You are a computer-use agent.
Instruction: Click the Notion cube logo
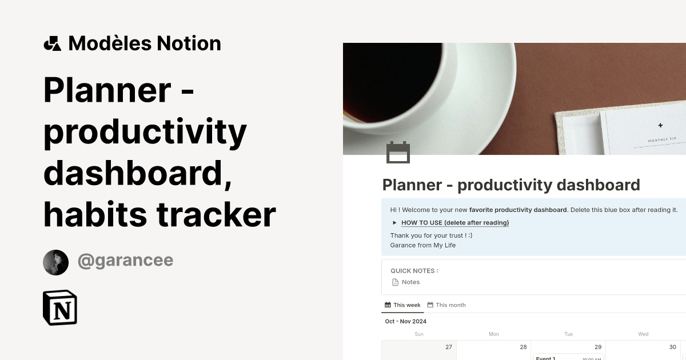coord(60,307)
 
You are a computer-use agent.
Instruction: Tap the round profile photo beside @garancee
coord(55,262)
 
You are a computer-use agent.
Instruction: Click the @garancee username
coord(125,261)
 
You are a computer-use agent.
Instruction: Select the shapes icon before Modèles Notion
coord(52,43)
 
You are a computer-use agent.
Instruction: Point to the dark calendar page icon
coord(398,153)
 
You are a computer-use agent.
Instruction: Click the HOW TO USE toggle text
coord(455,223)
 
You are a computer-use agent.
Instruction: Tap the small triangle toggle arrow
coord(394,223)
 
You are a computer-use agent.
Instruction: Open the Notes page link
coord(410,282)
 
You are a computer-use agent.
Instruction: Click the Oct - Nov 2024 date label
coord(406,321)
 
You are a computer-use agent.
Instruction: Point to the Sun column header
coord(419,334)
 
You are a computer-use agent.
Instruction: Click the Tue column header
coord(568,334)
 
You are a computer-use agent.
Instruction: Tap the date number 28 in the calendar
coord(523,347)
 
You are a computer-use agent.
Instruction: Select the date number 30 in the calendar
coord(672,347)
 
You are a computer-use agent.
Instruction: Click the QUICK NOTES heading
coord(414,271)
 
